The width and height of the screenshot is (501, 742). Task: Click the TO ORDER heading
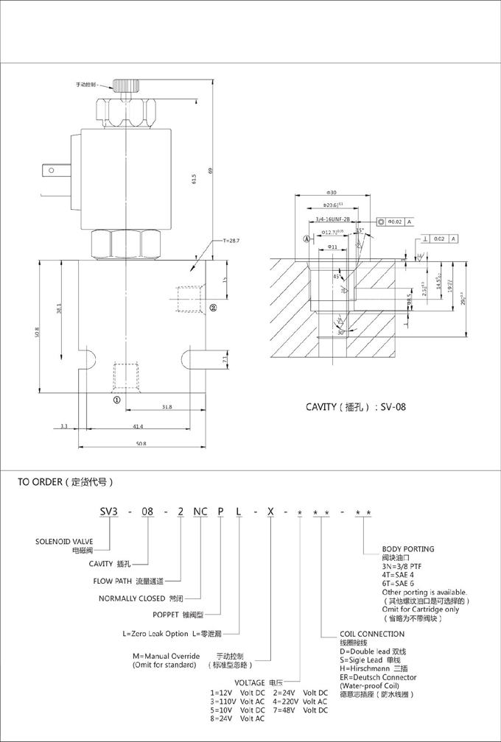[x=66, y=483]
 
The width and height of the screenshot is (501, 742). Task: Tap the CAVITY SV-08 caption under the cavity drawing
[x=356, y=406]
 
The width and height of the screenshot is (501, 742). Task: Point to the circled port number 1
[x=116, y=400]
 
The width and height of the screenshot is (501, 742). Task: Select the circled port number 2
[x=213, y=308]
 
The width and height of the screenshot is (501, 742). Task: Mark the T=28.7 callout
[x=231, y=241]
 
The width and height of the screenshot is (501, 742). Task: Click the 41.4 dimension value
[x=139, y=427]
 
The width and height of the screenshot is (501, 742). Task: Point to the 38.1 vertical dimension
[x=60, y=311]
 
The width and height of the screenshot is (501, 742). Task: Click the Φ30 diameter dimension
[x=331, y=192]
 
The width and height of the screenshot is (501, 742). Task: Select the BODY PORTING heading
[x=408, y=549]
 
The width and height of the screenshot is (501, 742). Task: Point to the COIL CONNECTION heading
[x=372, y=634]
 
